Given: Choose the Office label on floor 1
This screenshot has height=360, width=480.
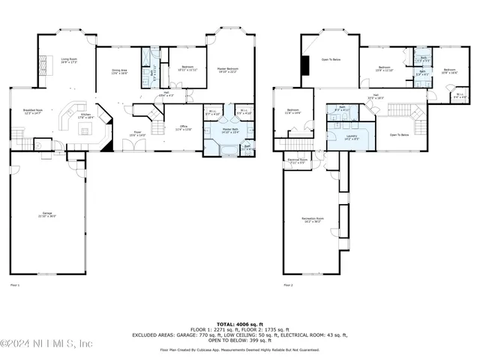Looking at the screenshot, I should [183, 128].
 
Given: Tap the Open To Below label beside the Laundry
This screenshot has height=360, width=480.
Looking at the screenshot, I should [399, 135].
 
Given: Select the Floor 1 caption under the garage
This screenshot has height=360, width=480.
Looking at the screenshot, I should [14, 285].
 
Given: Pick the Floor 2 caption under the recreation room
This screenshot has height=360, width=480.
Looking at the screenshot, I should [288, 285].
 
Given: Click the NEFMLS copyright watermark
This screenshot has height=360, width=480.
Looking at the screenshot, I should [46, 343].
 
